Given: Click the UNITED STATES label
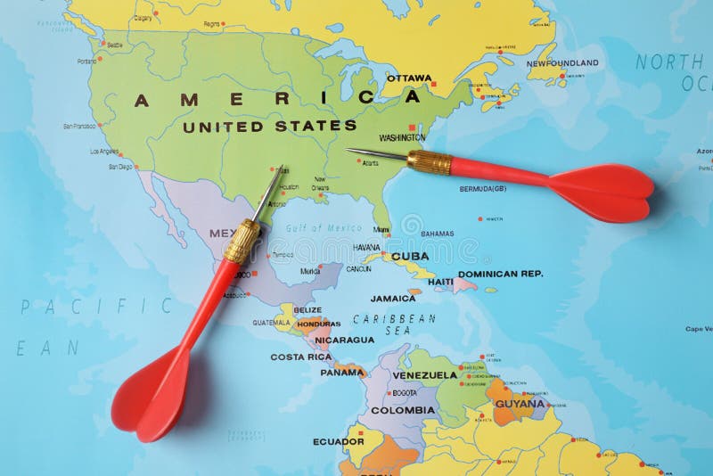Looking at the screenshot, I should tap(270, 127).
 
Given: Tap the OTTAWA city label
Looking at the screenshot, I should tap(409, 78).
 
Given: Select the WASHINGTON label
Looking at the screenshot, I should tap(401, 138).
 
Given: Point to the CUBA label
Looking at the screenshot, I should tap(410, 256).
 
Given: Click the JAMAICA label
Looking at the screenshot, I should tap(393, 299).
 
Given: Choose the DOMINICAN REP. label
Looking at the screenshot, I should tap(500, 275).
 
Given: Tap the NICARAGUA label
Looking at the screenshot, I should tap(344, 340).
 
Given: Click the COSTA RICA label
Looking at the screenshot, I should tap(301, 357).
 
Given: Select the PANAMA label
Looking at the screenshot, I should tap(342, 372).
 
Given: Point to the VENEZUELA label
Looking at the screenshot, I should tap(425, 375).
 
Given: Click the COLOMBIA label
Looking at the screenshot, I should tap(403, 410).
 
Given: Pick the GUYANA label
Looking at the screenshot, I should tap(520, 403).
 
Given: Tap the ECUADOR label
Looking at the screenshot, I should tap(338, 441).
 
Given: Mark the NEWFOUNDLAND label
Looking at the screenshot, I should tap(561, 63).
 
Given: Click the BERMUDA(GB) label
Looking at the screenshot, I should tap(482, 189).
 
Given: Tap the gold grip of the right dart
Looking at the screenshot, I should tap(430, 162).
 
